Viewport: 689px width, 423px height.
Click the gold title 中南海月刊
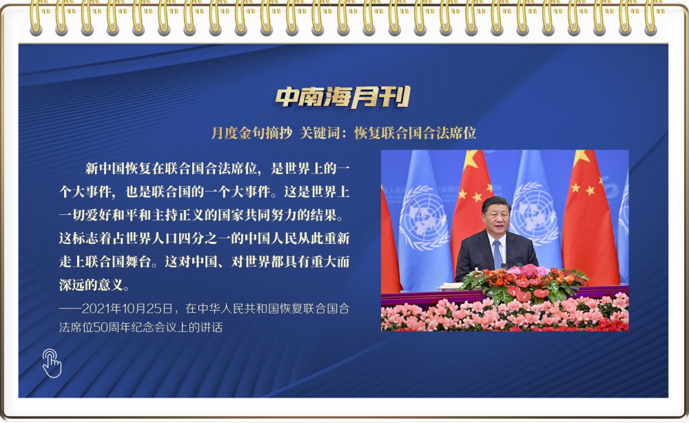point(343,96)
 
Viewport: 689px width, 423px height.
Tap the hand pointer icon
point(52,363)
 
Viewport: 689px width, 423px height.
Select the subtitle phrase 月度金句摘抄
point(251,133)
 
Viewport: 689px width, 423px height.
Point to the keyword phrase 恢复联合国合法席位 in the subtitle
point(415,133)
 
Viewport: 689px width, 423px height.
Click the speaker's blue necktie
point(497,254)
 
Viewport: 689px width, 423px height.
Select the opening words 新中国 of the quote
point(105,168)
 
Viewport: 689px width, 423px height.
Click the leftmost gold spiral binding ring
point(37,18)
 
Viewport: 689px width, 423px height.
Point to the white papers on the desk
point(451,287)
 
